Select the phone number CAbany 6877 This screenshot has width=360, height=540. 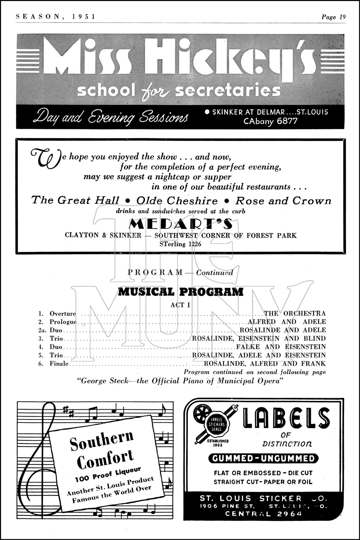pyautogui.click(x=270, y=121)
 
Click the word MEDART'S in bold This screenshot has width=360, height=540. pyautogui.click(x=180, y=224)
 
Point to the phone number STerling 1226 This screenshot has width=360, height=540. pyautogui.click(x=180, y=244)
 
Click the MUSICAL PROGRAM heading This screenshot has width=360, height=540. pyautogui.click(x=180, y=292)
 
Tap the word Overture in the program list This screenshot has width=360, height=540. pyautogui.click(x=63, y=314)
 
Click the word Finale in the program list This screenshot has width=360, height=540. pyautogui.click(x=59, y=364)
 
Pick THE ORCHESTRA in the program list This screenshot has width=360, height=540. pyautogui.click(x=294, y=314)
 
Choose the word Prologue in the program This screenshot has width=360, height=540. pyautogui.click(x=63, y=322)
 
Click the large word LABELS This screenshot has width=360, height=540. pyautogui.click(x=287, y=418)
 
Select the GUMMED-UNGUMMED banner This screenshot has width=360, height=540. pyautogui.click(x=264, y=459)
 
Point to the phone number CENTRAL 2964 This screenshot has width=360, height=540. pyautogui.click(x=263, y=513)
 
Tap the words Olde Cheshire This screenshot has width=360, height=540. pyautogui.click(x=177, y=201)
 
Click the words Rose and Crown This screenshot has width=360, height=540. pyautogui.click(x=283, y=201)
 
